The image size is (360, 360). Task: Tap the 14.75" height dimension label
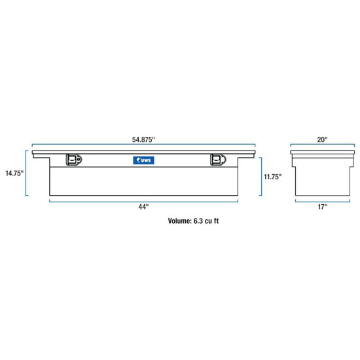(13, 173)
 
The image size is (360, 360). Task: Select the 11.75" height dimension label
(272, 177)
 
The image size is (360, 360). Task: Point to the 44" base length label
(143, 207)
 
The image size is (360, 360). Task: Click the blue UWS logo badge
(143, 160)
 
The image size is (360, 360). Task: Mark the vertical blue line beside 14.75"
(27, 173)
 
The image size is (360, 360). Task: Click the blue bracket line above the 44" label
(143, 200)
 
